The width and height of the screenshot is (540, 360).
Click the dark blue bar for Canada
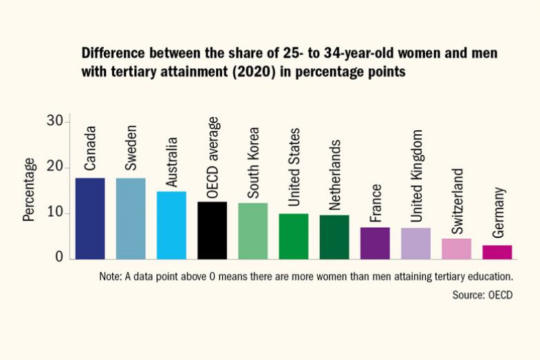point(90,218)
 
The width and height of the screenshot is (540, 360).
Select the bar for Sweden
point(131,218)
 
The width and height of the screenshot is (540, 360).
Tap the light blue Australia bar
point(171,225)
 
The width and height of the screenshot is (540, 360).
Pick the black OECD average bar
point(212,230)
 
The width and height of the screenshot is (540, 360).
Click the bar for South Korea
point(253,231)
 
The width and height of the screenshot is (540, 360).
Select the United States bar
point(294,236)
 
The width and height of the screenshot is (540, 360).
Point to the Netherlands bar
point(334,237)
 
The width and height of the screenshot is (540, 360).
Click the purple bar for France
point(375,243)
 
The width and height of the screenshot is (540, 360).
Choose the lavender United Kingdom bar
point(415,243)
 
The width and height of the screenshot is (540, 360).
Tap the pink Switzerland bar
point(457,248)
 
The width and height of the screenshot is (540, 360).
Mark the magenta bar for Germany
point(497,252)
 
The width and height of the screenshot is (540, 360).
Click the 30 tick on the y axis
point(55,122)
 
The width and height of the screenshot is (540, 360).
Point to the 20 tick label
point(55,167)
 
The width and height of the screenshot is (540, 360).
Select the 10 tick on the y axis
point(55,213)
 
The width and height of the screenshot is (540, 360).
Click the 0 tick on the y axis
point(59,258)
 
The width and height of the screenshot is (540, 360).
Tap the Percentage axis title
point(29,189)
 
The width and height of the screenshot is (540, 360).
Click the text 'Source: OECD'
point(482,295)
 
